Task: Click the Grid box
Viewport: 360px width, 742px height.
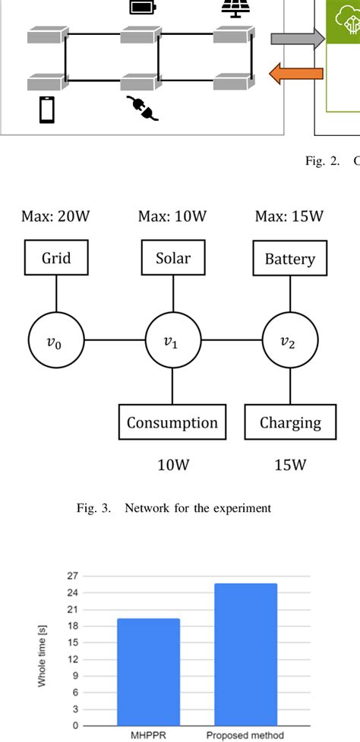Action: coord(56,258)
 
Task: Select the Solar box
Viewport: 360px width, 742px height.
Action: coord(173,258)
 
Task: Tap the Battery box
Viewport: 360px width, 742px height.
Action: coord(289,259)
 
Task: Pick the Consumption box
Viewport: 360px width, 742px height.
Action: coord(172,423)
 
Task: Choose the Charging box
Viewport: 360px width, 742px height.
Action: coord(290,423)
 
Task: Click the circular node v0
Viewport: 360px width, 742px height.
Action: coord(56,341)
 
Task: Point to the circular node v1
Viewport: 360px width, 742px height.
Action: coord(173,341)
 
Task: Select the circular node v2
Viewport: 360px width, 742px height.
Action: coord(289,341)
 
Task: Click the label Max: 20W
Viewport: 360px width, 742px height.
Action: coord(56,216)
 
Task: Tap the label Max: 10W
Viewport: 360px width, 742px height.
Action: coord(173,216)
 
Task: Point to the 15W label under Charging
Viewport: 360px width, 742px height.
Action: coord(290,465)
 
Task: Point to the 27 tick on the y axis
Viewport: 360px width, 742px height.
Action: coord(74,576)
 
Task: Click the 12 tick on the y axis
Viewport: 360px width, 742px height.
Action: coord(74,658)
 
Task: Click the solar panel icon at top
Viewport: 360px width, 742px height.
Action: coord(232,8)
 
